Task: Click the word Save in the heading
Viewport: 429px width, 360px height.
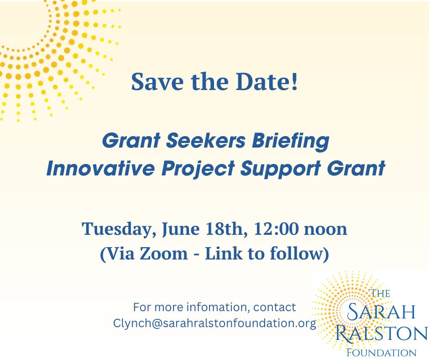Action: [x=157, y=81]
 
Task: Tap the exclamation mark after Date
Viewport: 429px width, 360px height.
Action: [x=294, y=81]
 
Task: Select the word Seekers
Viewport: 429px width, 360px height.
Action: [x=206, y=141]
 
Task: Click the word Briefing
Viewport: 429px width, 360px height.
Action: [x=290, y=141]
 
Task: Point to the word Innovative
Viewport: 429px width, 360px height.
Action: [x=101, y=168]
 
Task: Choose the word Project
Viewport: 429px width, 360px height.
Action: [x=198, y=169]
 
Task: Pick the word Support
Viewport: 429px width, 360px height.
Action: [x=280, y=169]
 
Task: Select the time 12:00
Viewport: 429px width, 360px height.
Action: [x=276, y=229]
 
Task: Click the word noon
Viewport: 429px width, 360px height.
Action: [x=325, y=230]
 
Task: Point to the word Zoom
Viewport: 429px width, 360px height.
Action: [x=164, y=254]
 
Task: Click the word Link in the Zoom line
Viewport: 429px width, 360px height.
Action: [x=224, y=253]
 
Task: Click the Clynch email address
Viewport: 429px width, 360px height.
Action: [x=215, y=323]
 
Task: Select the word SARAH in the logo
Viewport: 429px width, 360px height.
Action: [x=381, y=312]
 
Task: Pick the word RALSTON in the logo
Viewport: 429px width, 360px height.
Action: [x=382, y=333]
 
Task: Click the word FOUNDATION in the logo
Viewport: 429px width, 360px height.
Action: [x=382, y=353]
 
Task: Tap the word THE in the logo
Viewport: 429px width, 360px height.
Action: [x=380, y=293]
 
